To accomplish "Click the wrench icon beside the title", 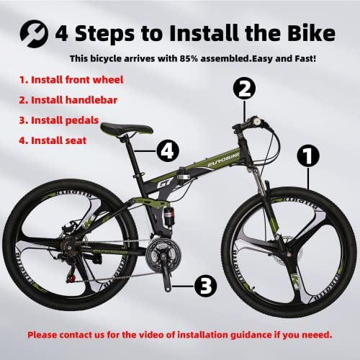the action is (x=34, y=34).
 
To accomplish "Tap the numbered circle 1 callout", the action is (x=308, y=156).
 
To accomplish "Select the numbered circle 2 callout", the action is (x=244, y=89).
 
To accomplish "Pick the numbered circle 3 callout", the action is (x=205, y=286).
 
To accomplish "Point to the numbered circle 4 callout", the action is (x=168, y=150).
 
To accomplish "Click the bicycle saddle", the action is (x=127, y=129).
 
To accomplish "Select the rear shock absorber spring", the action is (x=168, y=217).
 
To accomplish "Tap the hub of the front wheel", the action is (x=289, y=253).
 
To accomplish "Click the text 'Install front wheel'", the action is (x=77, y=80).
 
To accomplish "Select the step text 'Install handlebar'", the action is (x=74, y=100).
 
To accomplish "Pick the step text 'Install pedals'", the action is (x=65, y=120).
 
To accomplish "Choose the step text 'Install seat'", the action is (x=58, y=140).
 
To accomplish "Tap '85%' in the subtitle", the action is (x=189, y=58).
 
